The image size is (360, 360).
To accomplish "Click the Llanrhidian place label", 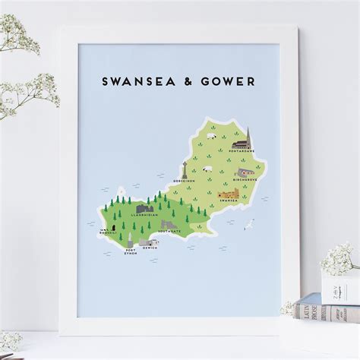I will coord(144,216).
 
